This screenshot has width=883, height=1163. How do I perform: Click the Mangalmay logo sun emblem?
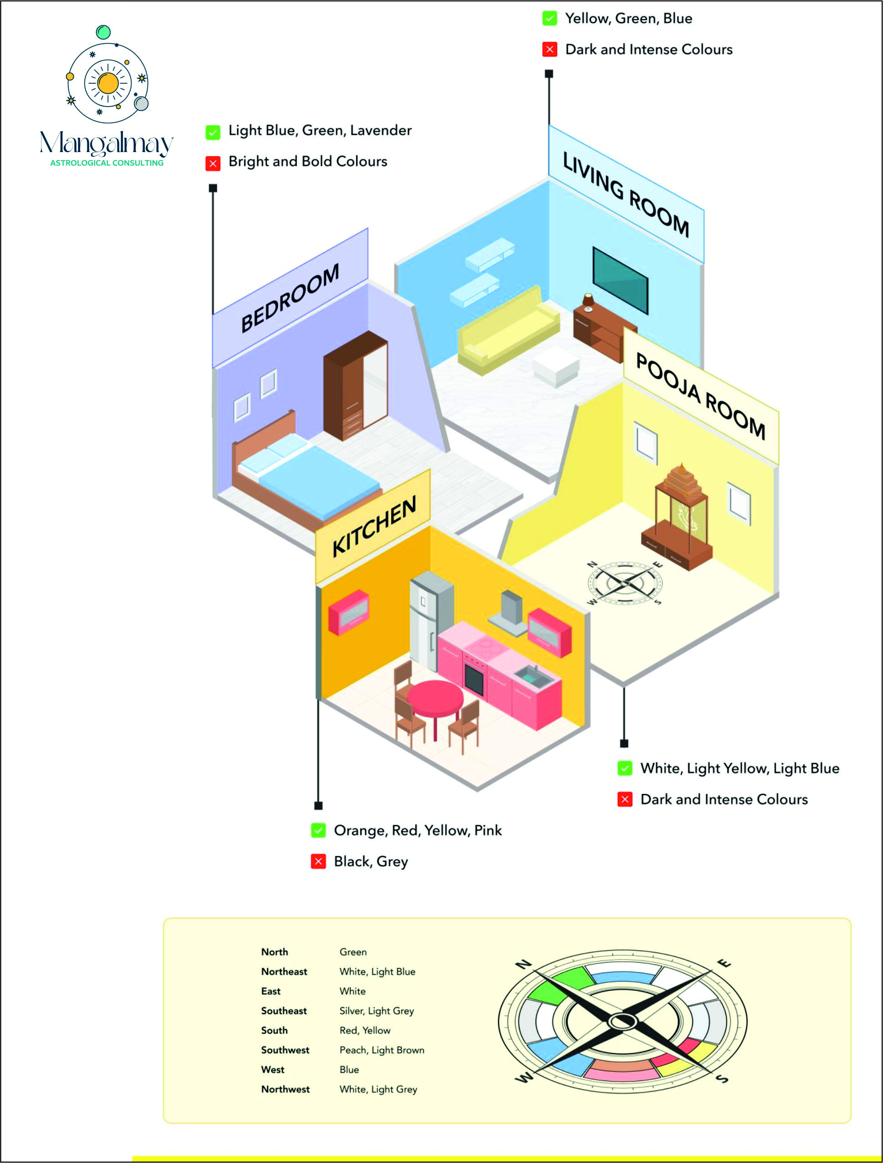click(108, 82)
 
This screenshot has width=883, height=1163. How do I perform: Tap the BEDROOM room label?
click(290, 298)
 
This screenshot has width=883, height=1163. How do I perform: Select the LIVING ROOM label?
click(626, 194)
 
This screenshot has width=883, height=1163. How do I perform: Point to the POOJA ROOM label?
click(700, 396)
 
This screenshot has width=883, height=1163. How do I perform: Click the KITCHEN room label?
click(374, 526)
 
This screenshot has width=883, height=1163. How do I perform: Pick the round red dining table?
click(435, 698)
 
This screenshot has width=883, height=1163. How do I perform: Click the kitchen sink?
click(533, 674)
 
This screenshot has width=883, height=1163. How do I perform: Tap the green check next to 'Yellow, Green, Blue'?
click(550, 18)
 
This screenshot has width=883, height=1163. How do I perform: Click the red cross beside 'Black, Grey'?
click(318, 861)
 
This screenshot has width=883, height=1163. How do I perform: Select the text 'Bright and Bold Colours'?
click(308, 162)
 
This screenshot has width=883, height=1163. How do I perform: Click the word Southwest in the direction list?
click(285, 1050)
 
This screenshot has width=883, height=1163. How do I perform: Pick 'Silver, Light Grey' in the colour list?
click(377, 1011)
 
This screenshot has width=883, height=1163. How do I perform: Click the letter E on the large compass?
click(725, 963)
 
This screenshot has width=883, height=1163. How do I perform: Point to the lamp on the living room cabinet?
click(588, 300)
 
